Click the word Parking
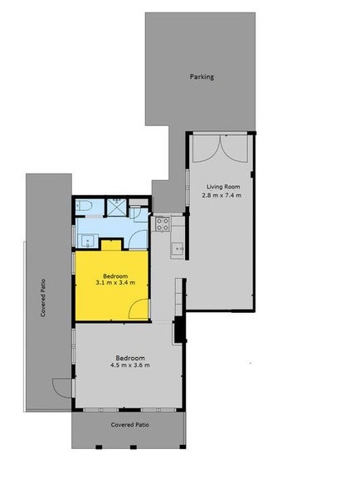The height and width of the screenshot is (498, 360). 202,77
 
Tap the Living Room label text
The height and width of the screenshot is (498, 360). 222,186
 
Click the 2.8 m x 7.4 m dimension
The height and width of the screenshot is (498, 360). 222,196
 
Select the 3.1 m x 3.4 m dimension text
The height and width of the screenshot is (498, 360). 114,285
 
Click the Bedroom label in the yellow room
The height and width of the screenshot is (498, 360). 114,276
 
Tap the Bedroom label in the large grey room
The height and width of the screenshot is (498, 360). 129,357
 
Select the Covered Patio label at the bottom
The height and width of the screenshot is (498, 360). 129,424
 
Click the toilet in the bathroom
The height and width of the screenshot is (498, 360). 85,207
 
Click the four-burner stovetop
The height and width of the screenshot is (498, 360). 163,223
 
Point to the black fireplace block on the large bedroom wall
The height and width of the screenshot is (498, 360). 176,332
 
